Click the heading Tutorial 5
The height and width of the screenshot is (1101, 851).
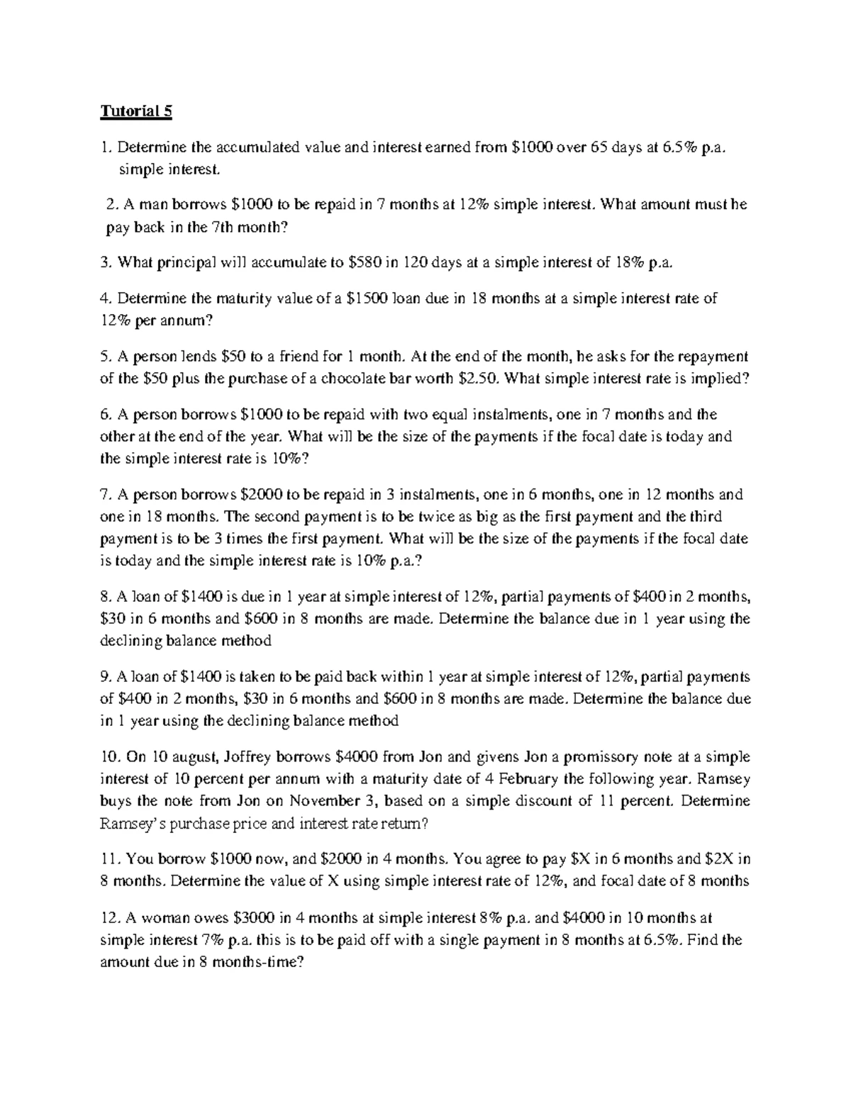(136, 111)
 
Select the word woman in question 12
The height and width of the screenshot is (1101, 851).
(160, 918)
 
